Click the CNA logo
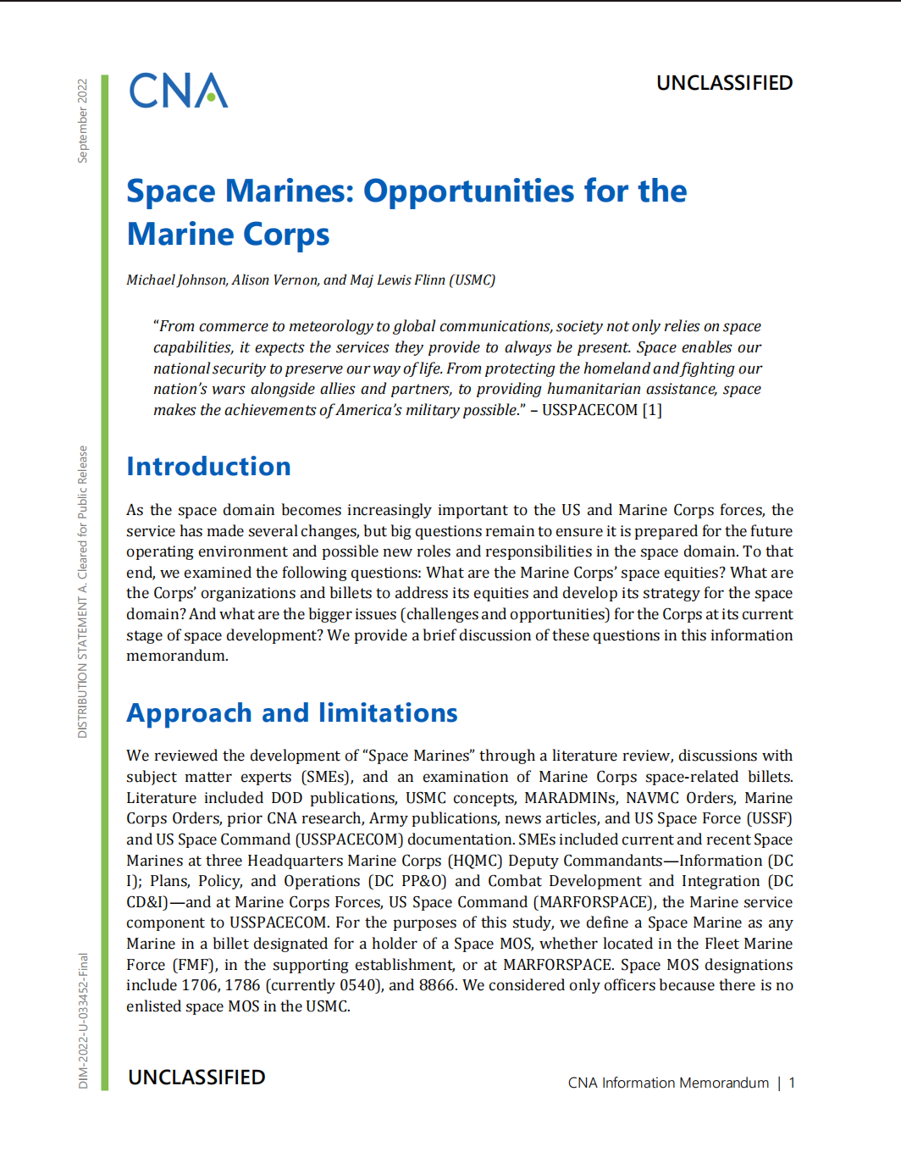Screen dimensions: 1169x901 [178, 91]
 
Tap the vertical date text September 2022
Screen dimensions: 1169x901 [82, 120]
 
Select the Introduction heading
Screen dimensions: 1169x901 [208, 467]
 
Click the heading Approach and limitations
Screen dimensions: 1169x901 [291, 713]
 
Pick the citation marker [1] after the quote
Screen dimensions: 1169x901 [652, 410]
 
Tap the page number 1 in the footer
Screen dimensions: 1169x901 [792, 1083]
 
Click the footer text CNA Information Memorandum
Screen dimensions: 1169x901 [668, 1083]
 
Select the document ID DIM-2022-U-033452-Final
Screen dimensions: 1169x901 [83, 1021]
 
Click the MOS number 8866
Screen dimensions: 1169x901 [437, 985]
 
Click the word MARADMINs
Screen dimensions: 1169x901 [569, 798]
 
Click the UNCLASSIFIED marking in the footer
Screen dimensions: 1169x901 [196, 1078]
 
